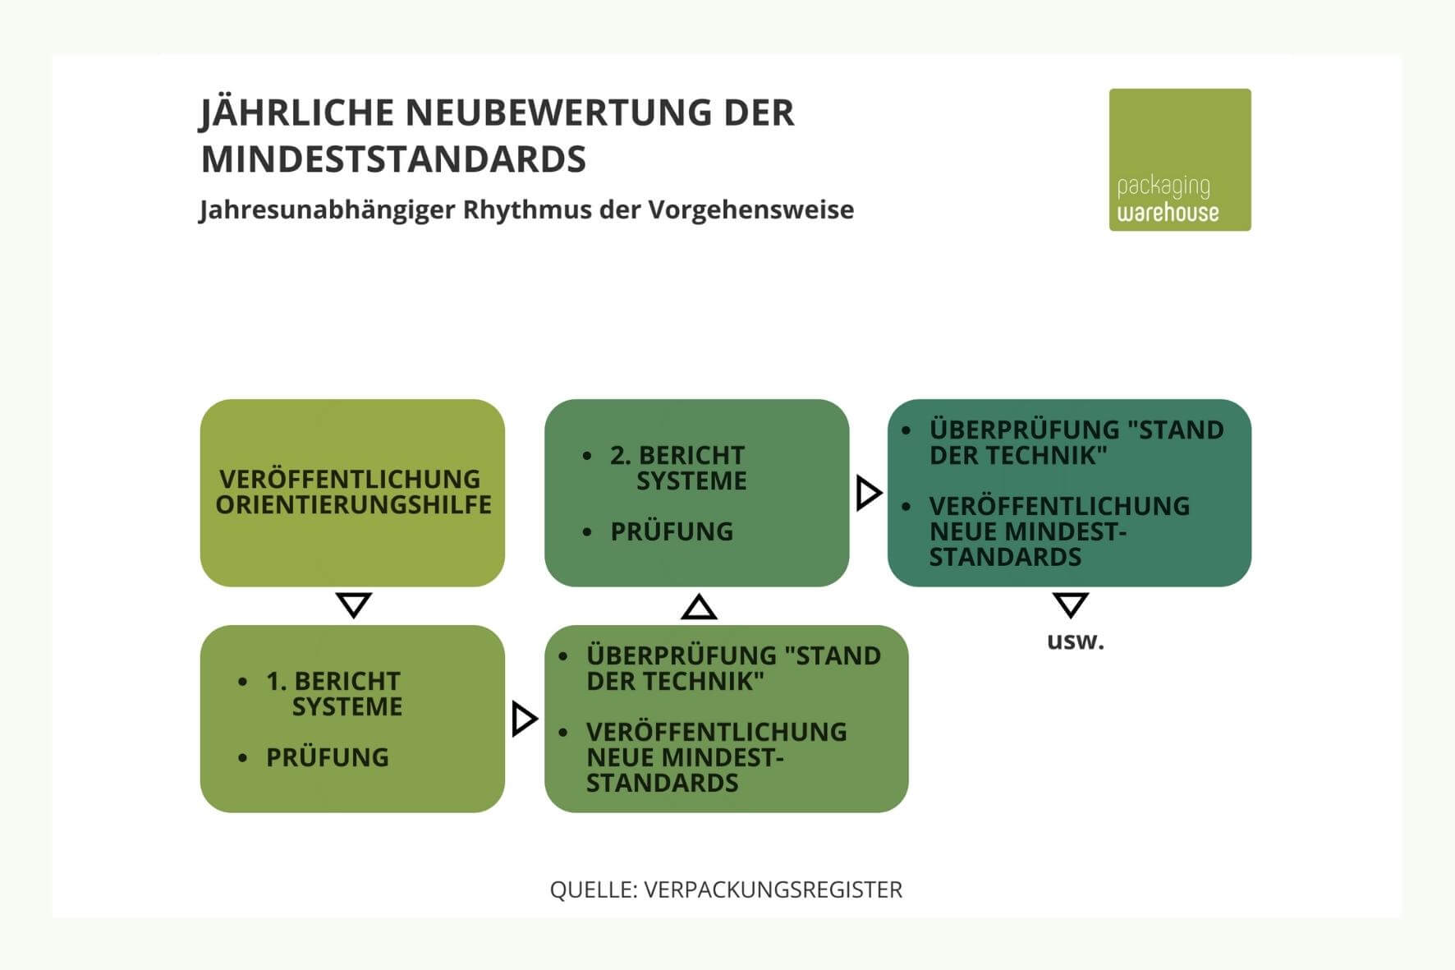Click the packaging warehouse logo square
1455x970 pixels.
1179,159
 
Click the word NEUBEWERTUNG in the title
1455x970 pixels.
559,113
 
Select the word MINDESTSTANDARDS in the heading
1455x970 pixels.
393,159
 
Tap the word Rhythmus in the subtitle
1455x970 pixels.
526,209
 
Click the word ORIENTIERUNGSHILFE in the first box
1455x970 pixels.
353,505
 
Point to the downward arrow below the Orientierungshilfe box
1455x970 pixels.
354,605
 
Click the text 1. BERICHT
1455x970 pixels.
333,681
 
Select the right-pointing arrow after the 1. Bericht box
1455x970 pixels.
524,719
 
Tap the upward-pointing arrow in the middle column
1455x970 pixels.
699,607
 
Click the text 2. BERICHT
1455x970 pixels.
677,455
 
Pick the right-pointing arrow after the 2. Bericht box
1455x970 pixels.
868,493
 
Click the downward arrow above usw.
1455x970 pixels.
1070,605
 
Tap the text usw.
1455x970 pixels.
1075,641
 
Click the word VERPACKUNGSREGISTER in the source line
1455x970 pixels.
773,890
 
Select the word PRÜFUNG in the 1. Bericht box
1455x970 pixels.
327,757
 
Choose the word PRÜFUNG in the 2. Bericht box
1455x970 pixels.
671,531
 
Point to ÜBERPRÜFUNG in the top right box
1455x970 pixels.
1024,430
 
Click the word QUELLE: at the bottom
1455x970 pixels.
593,890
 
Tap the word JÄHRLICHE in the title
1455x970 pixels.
297,113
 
